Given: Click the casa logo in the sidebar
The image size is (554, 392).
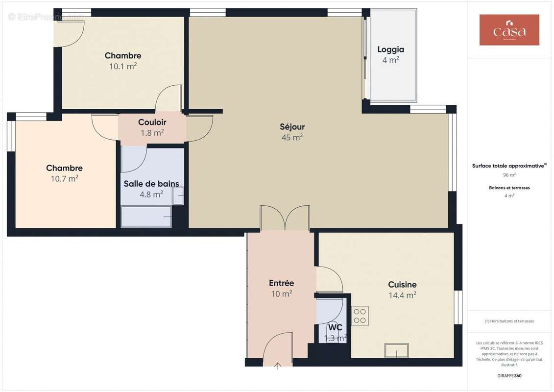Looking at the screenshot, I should click(509, 30).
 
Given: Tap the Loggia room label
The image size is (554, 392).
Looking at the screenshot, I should click(390, 49).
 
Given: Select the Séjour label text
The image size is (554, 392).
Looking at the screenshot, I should click(292, 127).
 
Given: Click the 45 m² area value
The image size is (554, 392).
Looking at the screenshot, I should click(292, 138).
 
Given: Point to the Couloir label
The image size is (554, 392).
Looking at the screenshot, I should click(152, 122).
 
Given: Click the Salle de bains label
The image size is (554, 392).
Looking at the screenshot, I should click(151, 184).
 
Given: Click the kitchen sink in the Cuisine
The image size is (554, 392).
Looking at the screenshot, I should click(396, 350).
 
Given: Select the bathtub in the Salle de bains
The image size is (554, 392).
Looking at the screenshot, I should click(146, 217).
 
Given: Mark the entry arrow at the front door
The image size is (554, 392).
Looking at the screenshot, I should click(278, 365).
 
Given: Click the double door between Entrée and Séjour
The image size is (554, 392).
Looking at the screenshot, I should click(285, 219).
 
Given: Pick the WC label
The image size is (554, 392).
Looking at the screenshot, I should click(335, 327).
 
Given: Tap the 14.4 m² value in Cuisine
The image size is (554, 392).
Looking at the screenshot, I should click(402, 295).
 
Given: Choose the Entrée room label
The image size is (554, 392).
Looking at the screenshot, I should click(281, 283).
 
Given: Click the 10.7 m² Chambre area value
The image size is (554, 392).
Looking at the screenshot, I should click(64, 179).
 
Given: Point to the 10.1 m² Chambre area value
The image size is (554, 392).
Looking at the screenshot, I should click(123, 66).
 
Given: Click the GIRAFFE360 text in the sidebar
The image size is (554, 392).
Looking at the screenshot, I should click(509, 376).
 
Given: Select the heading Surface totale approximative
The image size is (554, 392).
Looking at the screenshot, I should click(508, 166).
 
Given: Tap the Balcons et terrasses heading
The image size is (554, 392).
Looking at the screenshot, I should click(509, 188).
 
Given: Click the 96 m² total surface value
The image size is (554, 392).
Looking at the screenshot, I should click(509, 174).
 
